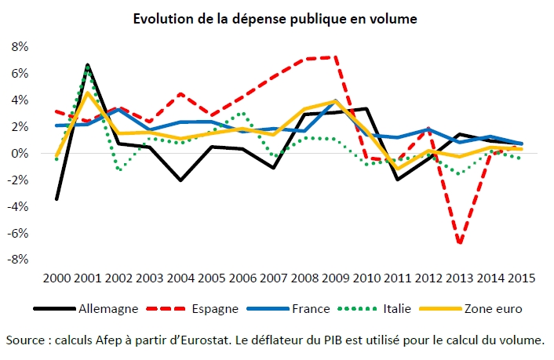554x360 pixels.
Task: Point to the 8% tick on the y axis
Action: coord(17,47)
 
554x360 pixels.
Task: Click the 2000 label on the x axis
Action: coord(56,278)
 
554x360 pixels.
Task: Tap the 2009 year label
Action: coord(336,278)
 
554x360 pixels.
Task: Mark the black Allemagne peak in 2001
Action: coord(88,65)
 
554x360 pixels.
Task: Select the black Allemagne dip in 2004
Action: coord(180,180)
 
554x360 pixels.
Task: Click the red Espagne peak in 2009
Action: coord(337,57)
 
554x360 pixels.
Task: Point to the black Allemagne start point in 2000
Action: coord(56,198)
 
